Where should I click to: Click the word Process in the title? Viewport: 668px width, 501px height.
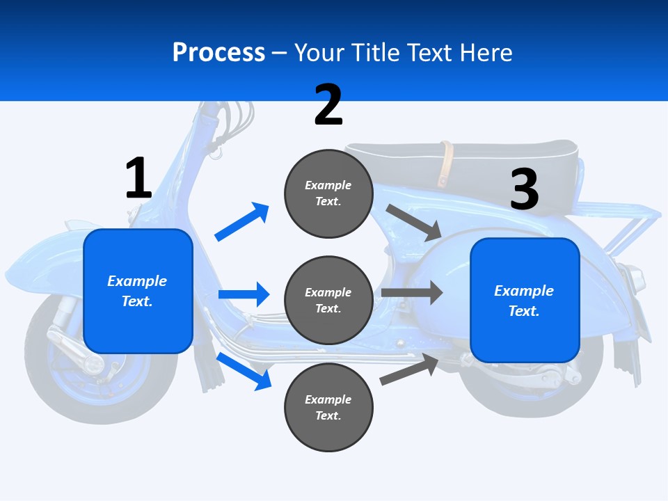218,53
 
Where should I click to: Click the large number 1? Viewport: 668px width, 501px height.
138,178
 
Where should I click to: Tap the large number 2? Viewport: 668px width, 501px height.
328,105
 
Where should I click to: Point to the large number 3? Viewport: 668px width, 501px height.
525,189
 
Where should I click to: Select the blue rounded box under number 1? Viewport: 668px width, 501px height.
138,291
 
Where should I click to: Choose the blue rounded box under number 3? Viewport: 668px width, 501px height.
525,300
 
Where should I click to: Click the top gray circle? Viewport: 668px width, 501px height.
328,193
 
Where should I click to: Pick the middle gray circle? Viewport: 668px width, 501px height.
328,300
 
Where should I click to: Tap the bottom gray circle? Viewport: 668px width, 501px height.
328,407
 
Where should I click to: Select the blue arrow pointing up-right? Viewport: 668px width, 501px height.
241,222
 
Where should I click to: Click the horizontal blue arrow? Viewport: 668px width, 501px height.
244,294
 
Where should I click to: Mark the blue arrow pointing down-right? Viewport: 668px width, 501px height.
244,370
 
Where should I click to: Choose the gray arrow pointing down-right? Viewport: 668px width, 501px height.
414,223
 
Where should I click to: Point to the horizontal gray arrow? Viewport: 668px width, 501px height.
411,292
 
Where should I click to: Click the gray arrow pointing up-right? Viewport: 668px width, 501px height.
410,369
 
